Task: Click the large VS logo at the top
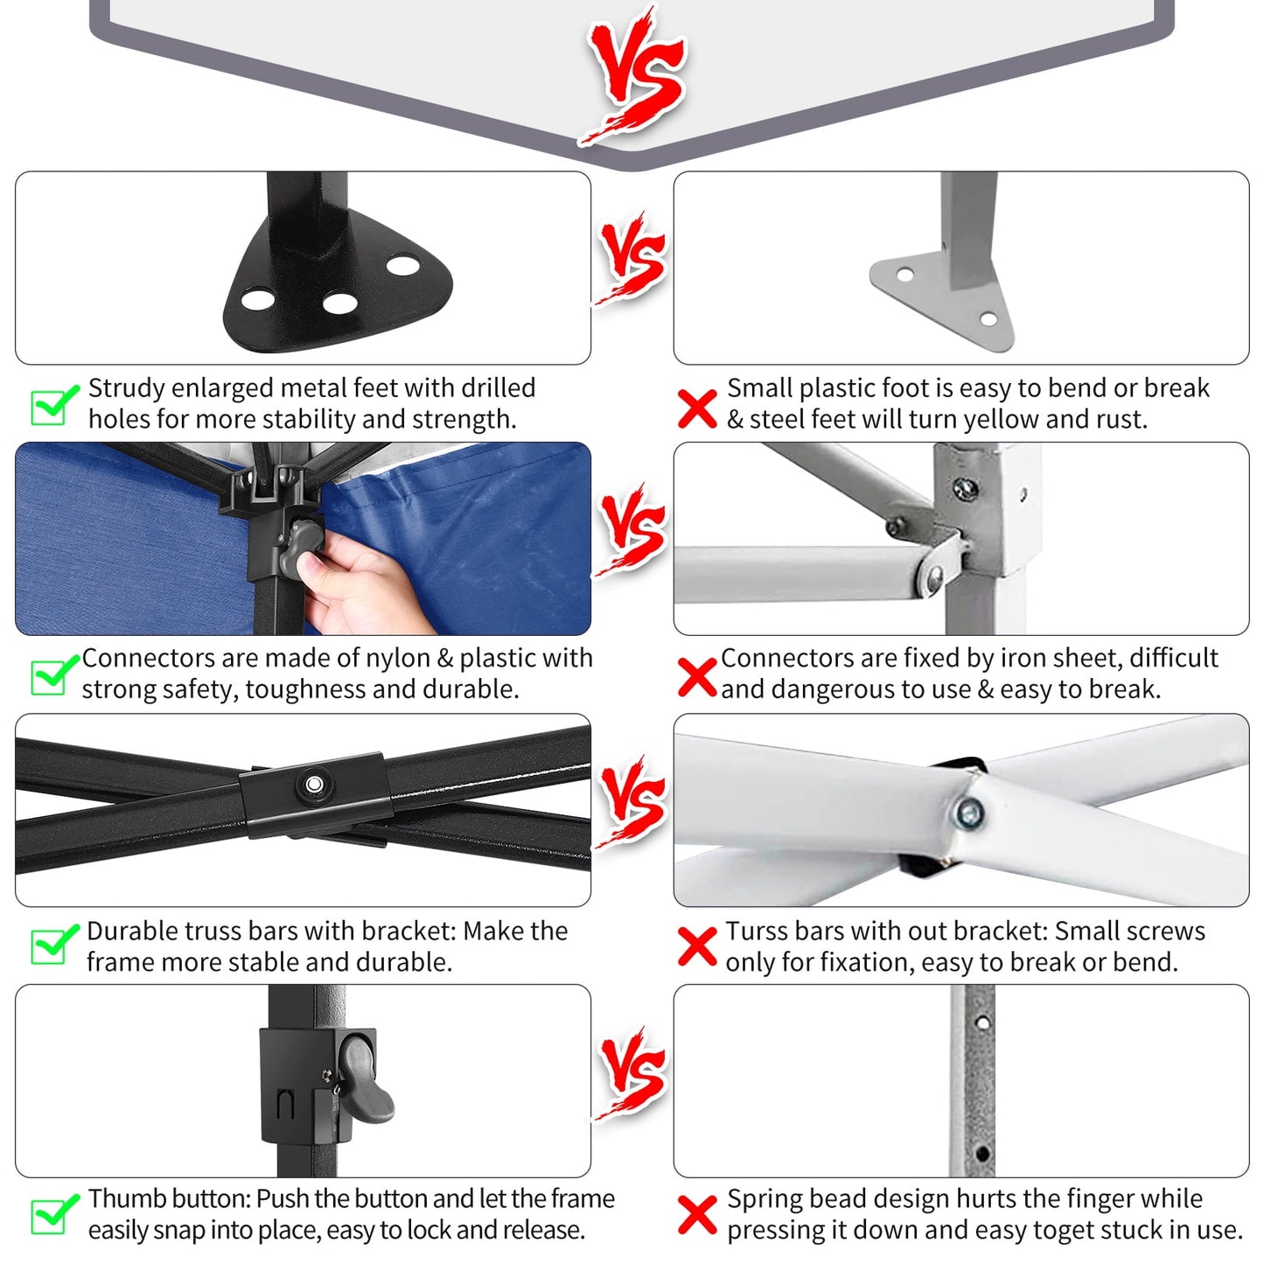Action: click(633, 73)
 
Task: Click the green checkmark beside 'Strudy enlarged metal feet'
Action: click(53, 404)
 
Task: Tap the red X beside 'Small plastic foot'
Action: click(697, 408)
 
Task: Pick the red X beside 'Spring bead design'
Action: click(697, 1215)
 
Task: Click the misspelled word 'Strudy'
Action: click(127, 388)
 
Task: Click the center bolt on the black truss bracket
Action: click(314, 784)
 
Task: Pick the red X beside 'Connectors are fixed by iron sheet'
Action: click(697, 677)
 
